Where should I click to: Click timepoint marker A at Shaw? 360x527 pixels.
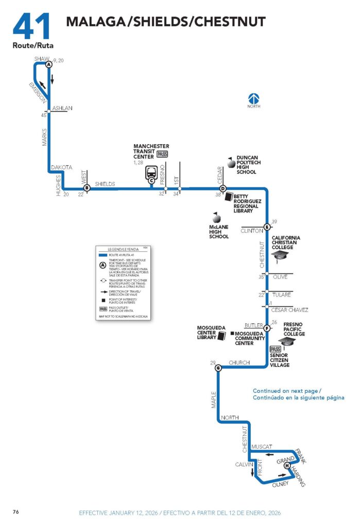48,65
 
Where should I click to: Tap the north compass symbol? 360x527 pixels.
253,98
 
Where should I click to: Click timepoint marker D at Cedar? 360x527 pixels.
223,188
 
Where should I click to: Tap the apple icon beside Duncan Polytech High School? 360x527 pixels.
230,161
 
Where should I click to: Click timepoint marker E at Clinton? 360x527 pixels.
267,227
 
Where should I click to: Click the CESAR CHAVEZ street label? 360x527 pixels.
289,310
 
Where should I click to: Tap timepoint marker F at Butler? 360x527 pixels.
267,328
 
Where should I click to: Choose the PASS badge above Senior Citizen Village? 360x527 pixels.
275,349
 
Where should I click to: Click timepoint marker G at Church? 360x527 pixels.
218,367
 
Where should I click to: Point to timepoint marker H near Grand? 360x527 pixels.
286,465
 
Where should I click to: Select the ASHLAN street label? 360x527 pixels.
63,108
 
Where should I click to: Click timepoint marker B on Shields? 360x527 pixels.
87,188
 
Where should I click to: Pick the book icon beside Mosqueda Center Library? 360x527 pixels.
221,336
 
